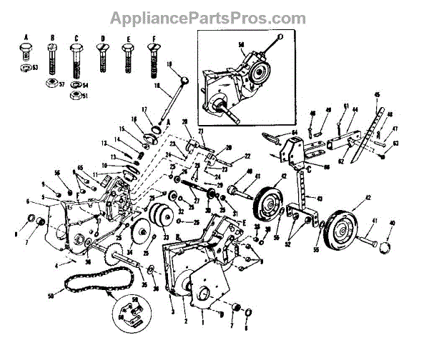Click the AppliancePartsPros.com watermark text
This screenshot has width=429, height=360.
pyautogui.click(x=214, y=17)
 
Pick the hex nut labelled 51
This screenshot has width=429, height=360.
pyautogui.click(x=76, y=94)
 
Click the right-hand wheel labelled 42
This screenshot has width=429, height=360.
pyautogui.click(x=339, y=228)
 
